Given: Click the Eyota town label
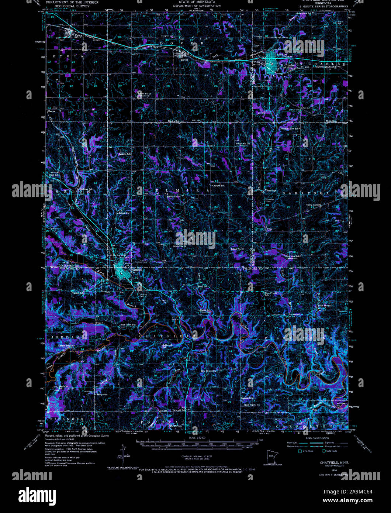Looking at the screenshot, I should (79, 36).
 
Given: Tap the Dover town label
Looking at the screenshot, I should (184, 59).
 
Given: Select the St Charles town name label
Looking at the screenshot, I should (287, 65).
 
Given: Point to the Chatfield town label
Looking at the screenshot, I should (135, 270).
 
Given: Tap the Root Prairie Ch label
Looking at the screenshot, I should (252, 405).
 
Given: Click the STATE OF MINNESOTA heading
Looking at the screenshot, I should (196, 2).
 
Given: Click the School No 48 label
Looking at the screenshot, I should (145, 93).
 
